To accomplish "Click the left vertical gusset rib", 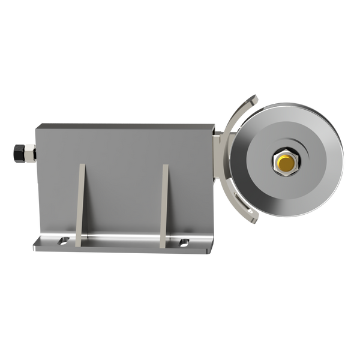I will point(80,204).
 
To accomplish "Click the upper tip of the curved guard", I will point(256,97).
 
